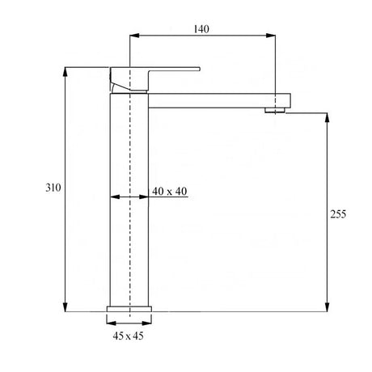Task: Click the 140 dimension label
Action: [x=201, y=29]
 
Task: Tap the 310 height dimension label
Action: [x=53, y=188]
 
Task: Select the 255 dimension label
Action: [x=338, y=214]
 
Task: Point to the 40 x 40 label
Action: [x=169, y=191]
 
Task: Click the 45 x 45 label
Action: [x=128, y=336]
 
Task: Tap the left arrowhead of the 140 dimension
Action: [x=134, y=36]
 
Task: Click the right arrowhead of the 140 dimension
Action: [x=271, y=36]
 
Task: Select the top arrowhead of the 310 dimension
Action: [x=65, y=72]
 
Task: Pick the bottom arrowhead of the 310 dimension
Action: [x=65, y=307]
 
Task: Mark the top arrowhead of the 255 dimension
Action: [x=327, y=118]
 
